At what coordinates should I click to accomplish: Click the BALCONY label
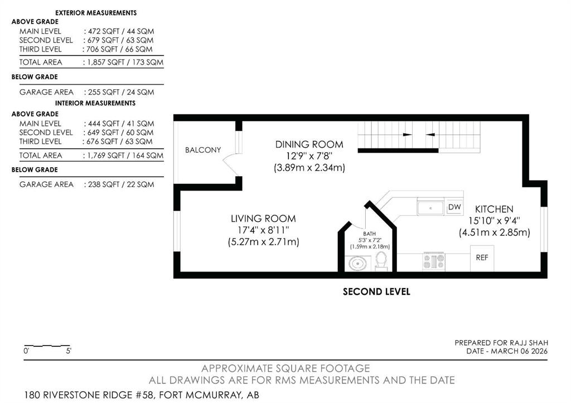click(x=203, y=150)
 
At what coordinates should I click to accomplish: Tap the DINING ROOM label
click(x=309, y=144)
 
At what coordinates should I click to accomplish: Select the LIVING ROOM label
click(x=263, y=219)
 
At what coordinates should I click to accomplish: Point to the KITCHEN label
click(x=494, y=210)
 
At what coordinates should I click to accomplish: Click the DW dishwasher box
click(x=454, y=207)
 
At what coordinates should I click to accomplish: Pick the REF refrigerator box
click(x=482, y=258)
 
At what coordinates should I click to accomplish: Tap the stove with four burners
click(x=433, y=261)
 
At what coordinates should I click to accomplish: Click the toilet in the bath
click(x=381, y=261)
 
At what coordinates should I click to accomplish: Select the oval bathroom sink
click(x=357, y=263)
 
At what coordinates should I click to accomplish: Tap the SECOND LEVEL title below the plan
click(x=376, y=292)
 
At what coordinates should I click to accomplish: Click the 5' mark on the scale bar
click(x=69, y=351)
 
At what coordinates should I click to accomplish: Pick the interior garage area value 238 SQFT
click(x=104, y=184)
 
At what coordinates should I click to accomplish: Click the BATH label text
click(x=369, y=234)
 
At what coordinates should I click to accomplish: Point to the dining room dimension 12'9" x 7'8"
click(x=309, y=156)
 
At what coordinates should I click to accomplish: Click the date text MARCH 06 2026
click(x=519, y=351)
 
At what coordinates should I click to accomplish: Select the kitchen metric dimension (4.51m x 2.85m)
click(x=495, y=232)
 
